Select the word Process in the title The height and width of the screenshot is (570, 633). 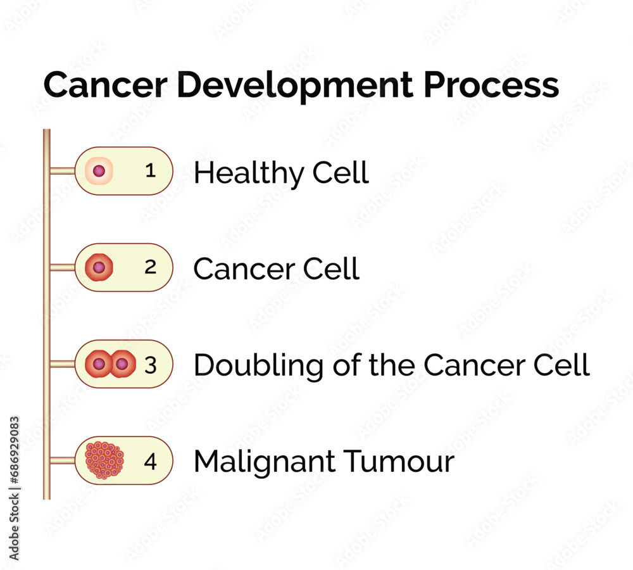point(491,85)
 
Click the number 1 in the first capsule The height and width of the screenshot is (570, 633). point(150,170)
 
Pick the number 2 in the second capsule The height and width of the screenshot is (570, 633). point(150,267)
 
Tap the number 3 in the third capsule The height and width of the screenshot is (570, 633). point(150,365)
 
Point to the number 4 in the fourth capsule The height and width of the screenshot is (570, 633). point(150,462)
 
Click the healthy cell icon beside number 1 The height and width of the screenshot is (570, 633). point(99,171)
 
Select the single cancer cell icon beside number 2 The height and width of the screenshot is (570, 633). point(99,268)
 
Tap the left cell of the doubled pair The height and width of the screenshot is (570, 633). point(98,365)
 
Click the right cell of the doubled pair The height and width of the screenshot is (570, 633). point(122,365)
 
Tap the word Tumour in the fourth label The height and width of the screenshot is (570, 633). point(399,462)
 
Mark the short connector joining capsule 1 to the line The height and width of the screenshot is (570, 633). point(62,171)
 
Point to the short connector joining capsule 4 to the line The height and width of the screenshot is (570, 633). point(62,460)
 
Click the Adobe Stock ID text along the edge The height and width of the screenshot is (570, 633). point(15,488)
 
